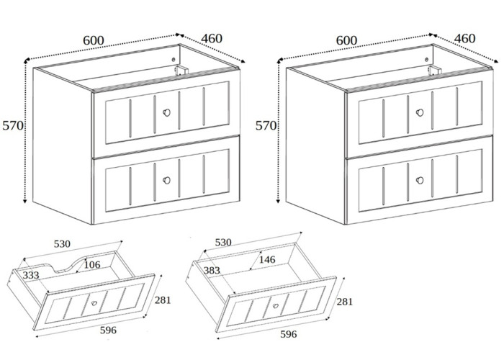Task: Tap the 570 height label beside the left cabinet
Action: pos(13,125)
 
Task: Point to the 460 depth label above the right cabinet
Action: pos(465,37)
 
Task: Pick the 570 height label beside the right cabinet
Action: pos(266,125)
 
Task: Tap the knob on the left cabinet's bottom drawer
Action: pos(167,181)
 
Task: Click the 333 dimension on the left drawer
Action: pos(30,275)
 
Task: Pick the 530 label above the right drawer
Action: pos(223,243)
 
